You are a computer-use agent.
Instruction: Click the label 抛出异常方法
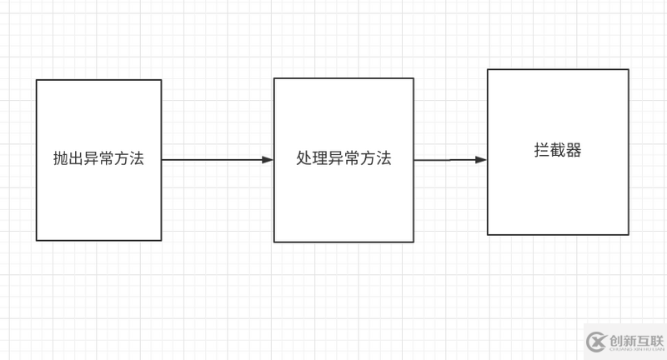[98, 159]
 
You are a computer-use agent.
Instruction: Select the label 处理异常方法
[344, 159]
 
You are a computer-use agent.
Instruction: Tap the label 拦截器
[558, 151]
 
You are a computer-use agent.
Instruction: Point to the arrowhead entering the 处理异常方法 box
[268, 159]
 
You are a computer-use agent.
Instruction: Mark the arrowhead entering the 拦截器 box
[481, 159]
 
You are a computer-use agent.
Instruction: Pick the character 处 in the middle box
[304, 159]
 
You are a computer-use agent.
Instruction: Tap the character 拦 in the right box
[542, 151]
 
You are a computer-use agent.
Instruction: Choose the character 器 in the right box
[574, 151]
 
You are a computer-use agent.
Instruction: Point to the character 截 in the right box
[558, 151]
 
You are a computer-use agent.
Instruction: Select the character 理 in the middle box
[320, 159]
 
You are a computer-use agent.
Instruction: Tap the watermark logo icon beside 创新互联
[595, 341]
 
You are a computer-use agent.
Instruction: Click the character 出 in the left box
[76, 159]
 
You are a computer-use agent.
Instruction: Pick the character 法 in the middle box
[384, 159]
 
